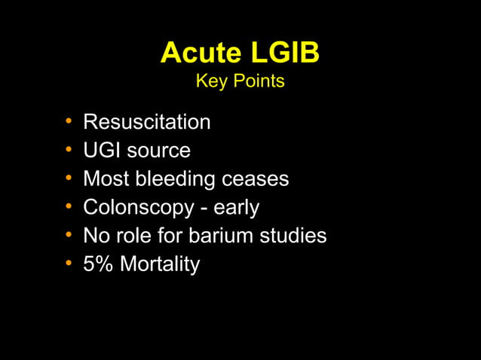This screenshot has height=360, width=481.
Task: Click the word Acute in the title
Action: coord(199,53)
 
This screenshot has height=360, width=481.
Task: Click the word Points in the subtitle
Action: coord(258,81)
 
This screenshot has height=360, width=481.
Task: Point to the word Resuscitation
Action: coord(146,121)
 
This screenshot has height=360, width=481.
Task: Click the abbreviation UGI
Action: coord(102,150)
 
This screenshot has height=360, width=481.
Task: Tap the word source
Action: coord(158,150)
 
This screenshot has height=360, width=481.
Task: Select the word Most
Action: coord(104,178)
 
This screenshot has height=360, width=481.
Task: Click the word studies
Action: coord(296,236)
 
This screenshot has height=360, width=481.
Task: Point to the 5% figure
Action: coord(97,264)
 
